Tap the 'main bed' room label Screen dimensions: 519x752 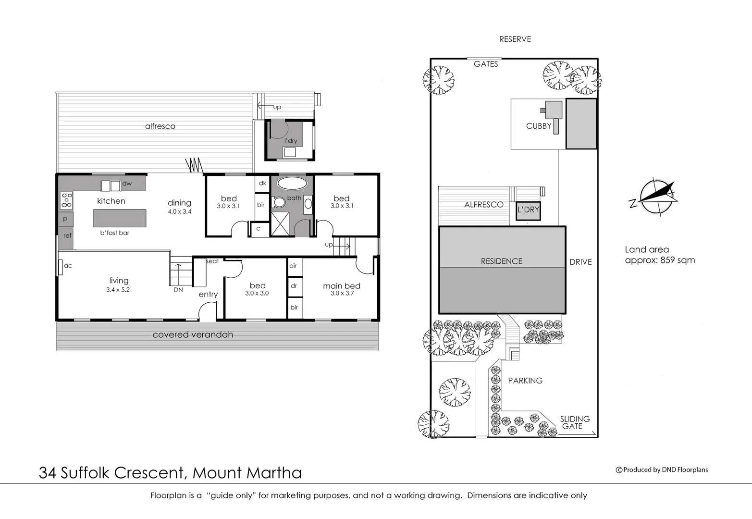pos(341,286)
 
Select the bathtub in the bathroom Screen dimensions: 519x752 pos(292,183)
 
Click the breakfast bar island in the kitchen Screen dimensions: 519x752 pos(120,218)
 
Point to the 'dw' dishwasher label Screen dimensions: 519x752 pos(127,184)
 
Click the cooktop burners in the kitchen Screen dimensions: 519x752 pos(66,200)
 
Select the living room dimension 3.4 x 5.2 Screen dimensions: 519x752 pos(118,290)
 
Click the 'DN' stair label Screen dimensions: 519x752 pos(178,290)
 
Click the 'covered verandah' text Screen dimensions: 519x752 pos(193,335)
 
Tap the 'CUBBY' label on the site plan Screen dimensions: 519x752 pos(538,126)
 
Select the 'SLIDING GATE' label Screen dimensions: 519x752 pos(574,422)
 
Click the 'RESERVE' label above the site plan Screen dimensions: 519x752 pos(515,39)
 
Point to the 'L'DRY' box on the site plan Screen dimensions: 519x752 pos(528,210)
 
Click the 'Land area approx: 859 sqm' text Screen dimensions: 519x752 pos(659,255)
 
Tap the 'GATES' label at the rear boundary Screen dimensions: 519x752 pos(486,64)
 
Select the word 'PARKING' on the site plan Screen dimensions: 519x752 pos(525,381)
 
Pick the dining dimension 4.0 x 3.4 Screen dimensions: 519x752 pos(179,211)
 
